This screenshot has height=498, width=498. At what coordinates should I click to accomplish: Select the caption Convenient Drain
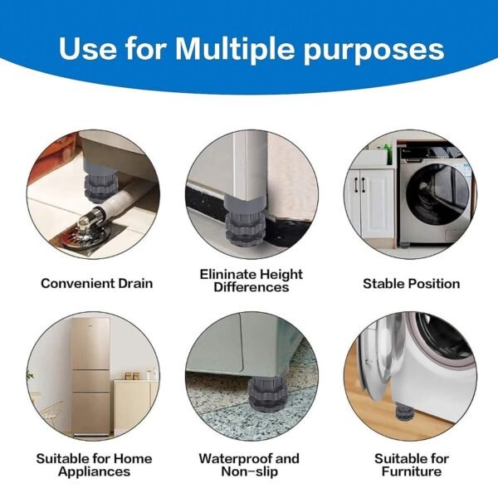(x=97, y=283)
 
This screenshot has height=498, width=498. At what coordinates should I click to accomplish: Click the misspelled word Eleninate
(x=225, y=273)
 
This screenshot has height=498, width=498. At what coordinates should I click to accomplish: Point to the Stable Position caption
(x=411, y=283)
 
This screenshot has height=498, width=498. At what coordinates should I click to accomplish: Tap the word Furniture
(x=411, y=471)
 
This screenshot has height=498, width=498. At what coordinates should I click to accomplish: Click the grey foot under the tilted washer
(x=403, y=408)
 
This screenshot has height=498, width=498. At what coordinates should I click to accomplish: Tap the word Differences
(x=251, y=287)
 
